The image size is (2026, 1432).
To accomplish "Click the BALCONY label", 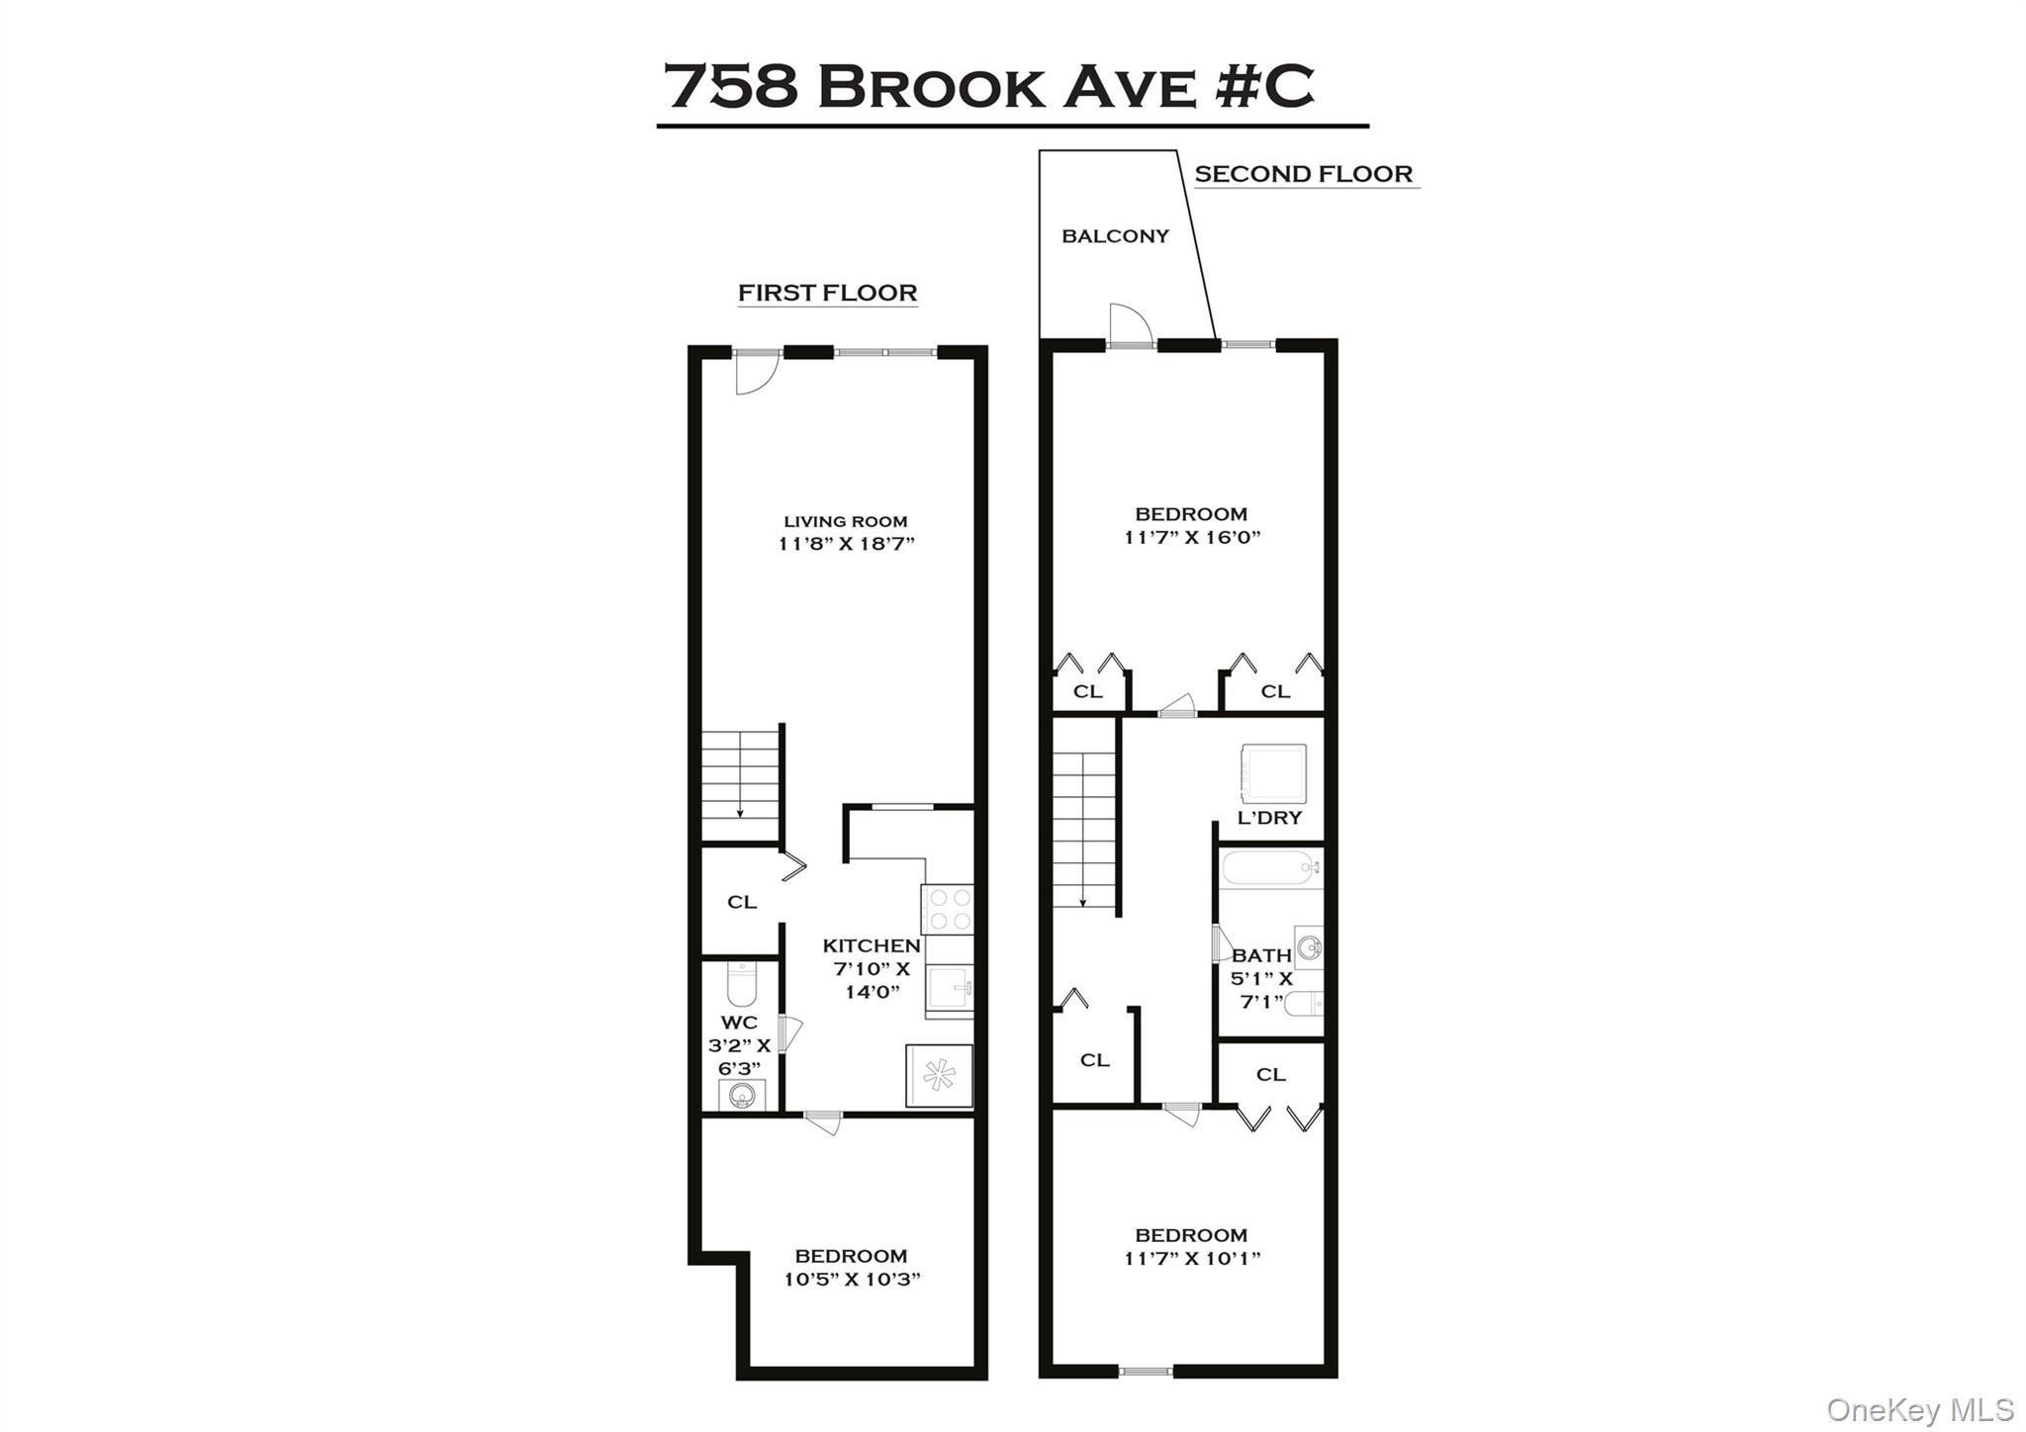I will click(1115, 236).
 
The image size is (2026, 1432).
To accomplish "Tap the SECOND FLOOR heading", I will click(1303, 174).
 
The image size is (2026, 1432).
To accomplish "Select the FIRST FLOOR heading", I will click(827, 293).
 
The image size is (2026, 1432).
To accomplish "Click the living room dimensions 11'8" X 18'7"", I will click(846, 544).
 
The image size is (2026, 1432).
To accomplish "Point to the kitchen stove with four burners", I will click(948, 909).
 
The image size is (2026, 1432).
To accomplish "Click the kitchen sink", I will click(950, 988).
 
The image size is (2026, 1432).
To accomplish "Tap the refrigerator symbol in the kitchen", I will click(939, 1075).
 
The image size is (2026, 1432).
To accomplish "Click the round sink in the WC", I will click(741, 1095).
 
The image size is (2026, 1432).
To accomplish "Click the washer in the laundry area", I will click(1273, 774).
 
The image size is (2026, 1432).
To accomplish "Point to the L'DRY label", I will click(1269, 819).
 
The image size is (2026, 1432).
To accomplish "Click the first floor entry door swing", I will click(757, 376).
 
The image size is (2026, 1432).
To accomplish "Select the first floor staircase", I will click(740, 786).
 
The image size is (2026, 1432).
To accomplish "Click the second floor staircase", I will click(1083, 829).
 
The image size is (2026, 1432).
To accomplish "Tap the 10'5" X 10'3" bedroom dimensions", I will click(852, 1280).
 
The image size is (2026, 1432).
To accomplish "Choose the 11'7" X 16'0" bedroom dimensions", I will click(1191, 538).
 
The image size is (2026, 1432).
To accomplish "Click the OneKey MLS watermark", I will click(1919, 1409).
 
